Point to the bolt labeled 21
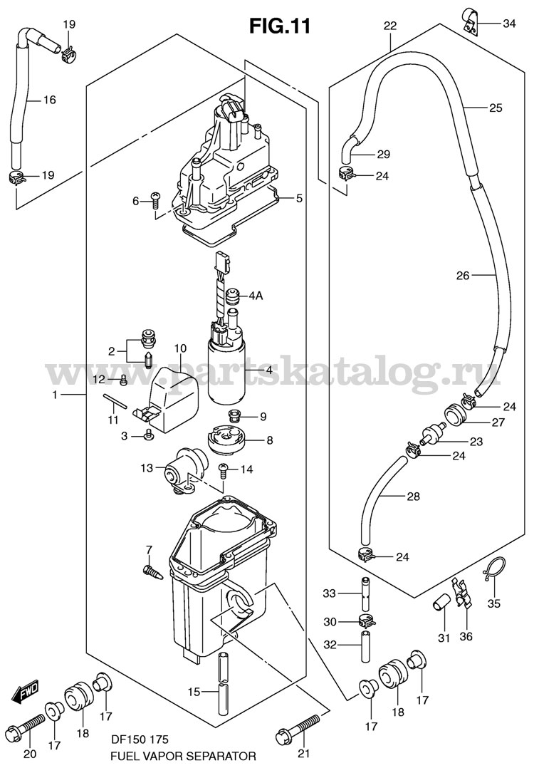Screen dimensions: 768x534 295,727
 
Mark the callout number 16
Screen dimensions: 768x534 49,100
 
